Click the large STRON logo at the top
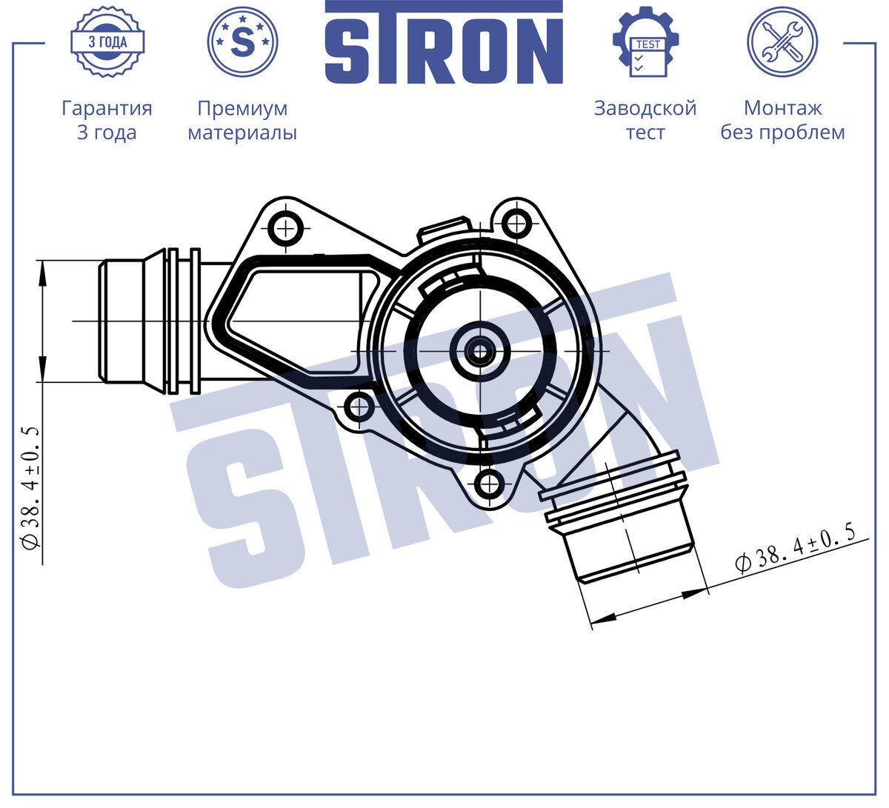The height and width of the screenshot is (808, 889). [x=444, y=42]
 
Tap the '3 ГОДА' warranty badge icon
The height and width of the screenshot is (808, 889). [x=107, y=42]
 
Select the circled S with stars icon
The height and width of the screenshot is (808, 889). [x=242, y=41]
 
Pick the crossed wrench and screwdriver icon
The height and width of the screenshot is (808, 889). [x=782, y=41]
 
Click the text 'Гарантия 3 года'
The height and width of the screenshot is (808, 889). [x=107, y=120]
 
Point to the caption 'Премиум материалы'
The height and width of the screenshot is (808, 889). [x=242, y=120]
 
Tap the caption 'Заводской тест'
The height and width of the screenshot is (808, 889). [x=645, y=120]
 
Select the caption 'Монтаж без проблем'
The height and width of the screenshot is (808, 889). [x=782, y=120]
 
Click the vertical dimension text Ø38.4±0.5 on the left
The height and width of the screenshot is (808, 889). [x=31, y=488]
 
